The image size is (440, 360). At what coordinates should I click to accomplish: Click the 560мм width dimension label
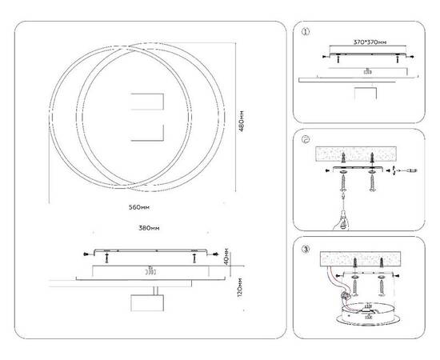(x=139, y=206)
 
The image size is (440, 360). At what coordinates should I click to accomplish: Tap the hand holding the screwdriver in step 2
(x=342, y=218)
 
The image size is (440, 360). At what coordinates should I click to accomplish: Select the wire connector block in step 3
(x=347, y=294)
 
